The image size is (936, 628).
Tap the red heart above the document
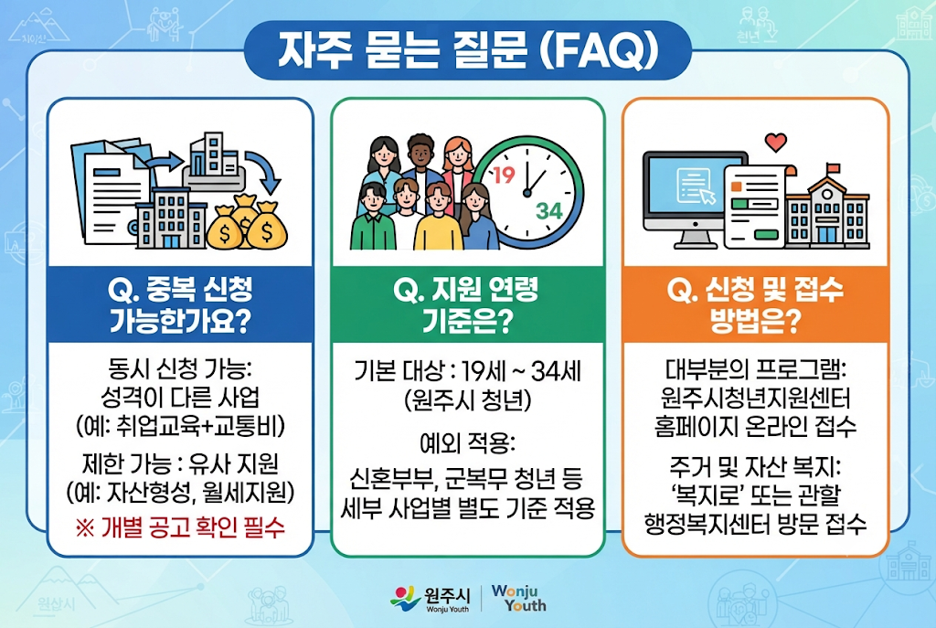point(775,143)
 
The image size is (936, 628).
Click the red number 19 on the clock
point(504,175)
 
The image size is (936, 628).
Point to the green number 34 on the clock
point(548,211)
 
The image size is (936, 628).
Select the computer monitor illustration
point(695,198)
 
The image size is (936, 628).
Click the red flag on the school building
point(834,168)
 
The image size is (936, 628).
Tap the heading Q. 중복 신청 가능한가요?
point(180,305)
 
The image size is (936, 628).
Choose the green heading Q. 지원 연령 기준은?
point(467,305)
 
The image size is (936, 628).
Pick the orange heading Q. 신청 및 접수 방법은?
point(755,305)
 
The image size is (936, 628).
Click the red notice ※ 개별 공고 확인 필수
point(180,527)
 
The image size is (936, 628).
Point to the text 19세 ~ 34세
point(522,372)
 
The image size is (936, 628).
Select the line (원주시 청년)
point(467,400)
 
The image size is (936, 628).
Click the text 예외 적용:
point(467,443)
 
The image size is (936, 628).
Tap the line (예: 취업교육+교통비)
point(180,426)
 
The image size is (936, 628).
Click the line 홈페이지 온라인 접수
point(755,426)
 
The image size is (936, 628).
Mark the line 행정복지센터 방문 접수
point(755,524)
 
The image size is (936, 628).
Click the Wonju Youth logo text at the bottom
point(518,598)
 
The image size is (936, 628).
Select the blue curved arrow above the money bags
point(266,171)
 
